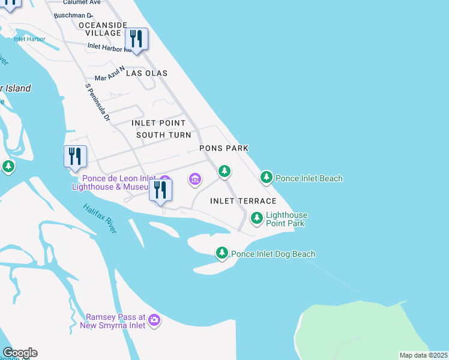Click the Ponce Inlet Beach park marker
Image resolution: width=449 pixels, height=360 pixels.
(266, 178)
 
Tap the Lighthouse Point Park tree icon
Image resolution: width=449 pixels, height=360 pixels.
(257, 218)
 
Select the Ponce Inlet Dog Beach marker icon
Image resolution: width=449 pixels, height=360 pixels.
(222, 253)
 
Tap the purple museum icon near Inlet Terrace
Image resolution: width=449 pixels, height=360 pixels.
(194, 179)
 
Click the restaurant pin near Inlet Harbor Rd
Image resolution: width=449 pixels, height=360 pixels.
(137, 40)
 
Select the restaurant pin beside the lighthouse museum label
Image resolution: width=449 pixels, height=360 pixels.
(160, 190)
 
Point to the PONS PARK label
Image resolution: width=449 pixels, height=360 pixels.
(224, 148)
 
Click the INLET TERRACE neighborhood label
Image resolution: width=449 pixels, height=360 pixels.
(243, 201)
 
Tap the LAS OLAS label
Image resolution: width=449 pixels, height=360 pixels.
(146, 73)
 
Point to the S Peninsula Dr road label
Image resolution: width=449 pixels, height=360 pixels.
(98, 103)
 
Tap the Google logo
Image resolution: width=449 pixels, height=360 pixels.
(20, 353)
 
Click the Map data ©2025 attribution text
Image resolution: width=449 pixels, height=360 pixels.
(424, 355)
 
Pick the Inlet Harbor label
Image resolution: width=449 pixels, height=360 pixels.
(29, 39)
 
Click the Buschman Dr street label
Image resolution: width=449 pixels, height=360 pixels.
(73, 15)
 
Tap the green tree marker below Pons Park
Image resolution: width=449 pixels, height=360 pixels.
(224, 172)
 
